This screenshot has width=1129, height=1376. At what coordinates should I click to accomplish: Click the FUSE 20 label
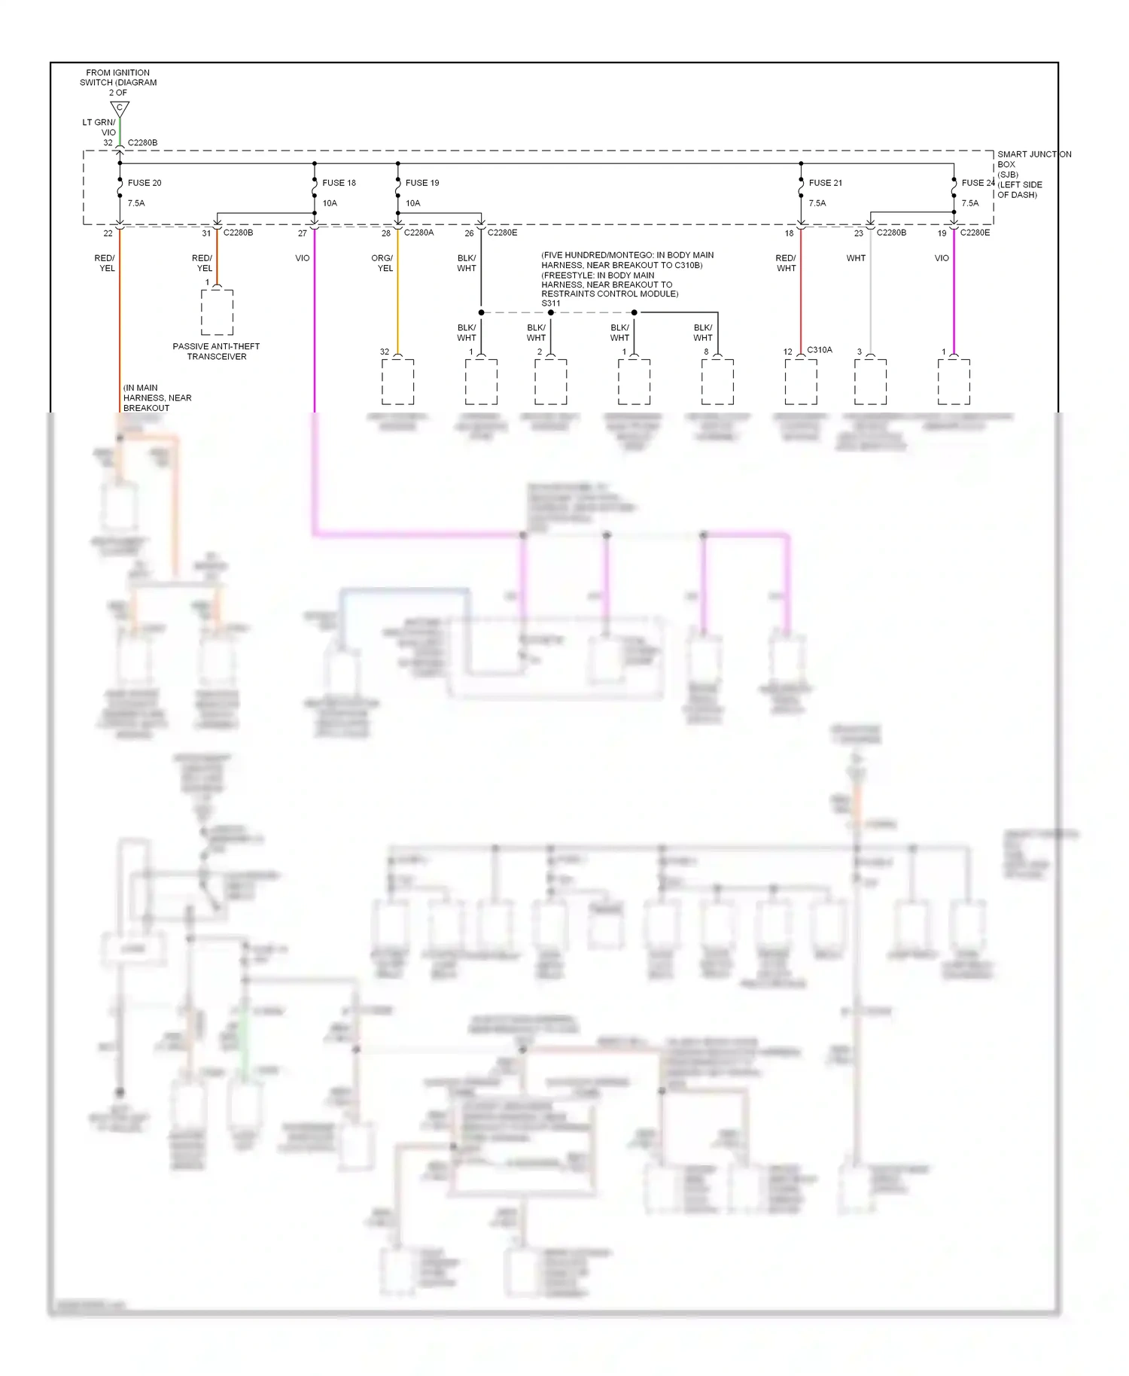coord(145,183)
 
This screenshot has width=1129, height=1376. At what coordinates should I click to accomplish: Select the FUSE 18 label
coord(339,183)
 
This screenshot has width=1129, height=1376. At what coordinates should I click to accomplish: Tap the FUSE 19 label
coord(422,183)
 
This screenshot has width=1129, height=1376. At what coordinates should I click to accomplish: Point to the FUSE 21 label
coord(826,183)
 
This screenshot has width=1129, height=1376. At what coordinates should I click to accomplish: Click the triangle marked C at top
coord(120,109)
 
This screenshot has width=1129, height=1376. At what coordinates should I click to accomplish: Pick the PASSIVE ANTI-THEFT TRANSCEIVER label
coord(216,352)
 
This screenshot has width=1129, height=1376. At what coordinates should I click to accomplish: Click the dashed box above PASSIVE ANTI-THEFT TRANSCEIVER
coord(217,312)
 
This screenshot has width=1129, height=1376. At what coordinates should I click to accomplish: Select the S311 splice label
coord(551,303)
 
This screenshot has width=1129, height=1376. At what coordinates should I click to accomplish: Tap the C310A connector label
coord(820,350)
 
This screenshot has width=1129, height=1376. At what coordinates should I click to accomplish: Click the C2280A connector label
coord(418,233)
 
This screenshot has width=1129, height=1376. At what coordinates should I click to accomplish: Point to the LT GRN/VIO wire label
coord(99,127)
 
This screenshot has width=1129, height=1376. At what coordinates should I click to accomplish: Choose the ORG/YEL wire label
coord(382,263)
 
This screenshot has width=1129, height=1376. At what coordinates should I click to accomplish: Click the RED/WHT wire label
coord(786,263)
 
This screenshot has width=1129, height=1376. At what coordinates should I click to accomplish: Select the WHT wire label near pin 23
coord(856,258)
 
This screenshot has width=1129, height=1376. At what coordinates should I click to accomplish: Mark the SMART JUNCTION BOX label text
coord(1034,174)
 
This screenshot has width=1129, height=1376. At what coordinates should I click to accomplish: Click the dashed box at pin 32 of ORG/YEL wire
coord(397,382)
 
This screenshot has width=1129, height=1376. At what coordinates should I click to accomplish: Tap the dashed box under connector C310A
coord(801,382)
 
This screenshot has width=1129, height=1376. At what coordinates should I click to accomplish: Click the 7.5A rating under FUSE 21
coord(817,203)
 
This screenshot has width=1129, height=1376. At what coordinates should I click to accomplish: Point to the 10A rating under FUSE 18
coord(330,203)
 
